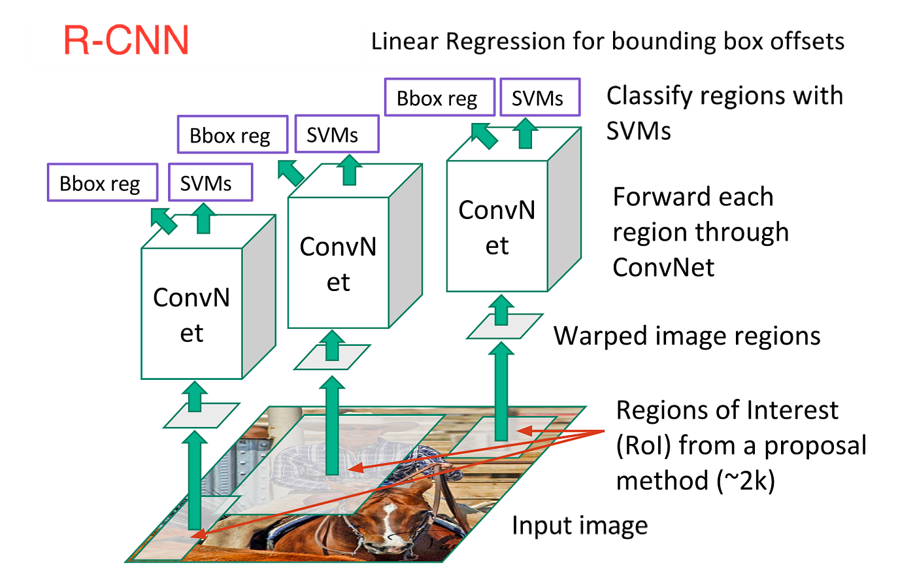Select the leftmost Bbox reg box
click(102, 183)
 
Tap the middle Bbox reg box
click(232, 135)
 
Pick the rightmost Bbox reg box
click(439, 98)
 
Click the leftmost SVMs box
click(209, 183)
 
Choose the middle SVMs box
click(336, 135)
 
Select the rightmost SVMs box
click(539, 98)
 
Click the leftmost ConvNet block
click(191, 315)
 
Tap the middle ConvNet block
click(338, 264)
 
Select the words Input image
click(580, 526)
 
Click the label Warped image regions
click(687, 336)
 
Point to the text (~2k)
click(746, 481)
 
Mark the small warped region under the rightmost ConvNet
click(505, 326)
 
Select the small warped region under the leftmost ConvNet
click(201, 416)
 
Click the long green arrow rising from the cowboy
click(333, 425)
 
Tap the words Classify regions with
click(724, 96)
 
